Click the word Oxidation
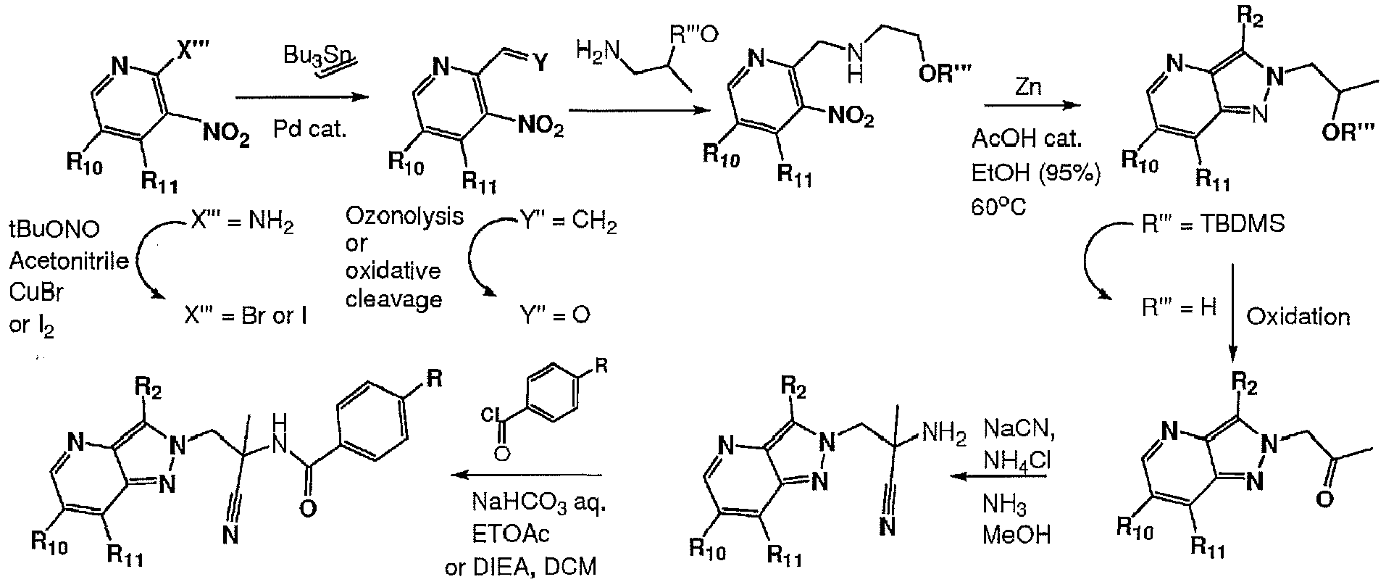pyautogui.click(x=1298, y=317)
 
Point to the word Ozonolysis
pyautogui.click(x=404, y=217)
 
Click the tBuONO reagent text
pyautogui.click(x=56, y=231)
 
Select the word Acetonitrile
pyautogui.click(x=69, y=260)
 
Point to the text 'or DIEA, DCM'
pyautogui.click(x=522, y=565)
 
